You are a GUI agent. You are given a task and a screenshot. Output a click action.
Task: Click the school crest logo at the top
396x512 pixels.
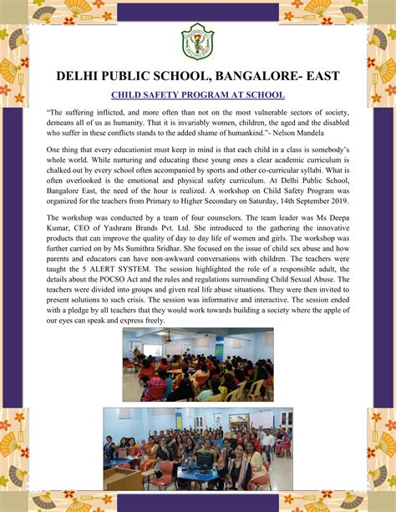coord(197,39)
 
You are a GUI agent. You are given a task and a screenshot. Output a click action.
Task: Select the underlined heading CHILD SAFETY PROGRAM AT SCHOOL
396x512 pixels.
coord(198,94)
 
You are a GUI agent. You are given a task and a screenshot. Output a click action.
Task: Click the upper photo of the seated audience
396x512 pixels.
coord(198,364)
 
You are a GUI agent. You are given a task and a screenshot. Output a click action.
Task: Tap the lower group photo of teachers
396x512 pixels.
coord(198,448)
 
